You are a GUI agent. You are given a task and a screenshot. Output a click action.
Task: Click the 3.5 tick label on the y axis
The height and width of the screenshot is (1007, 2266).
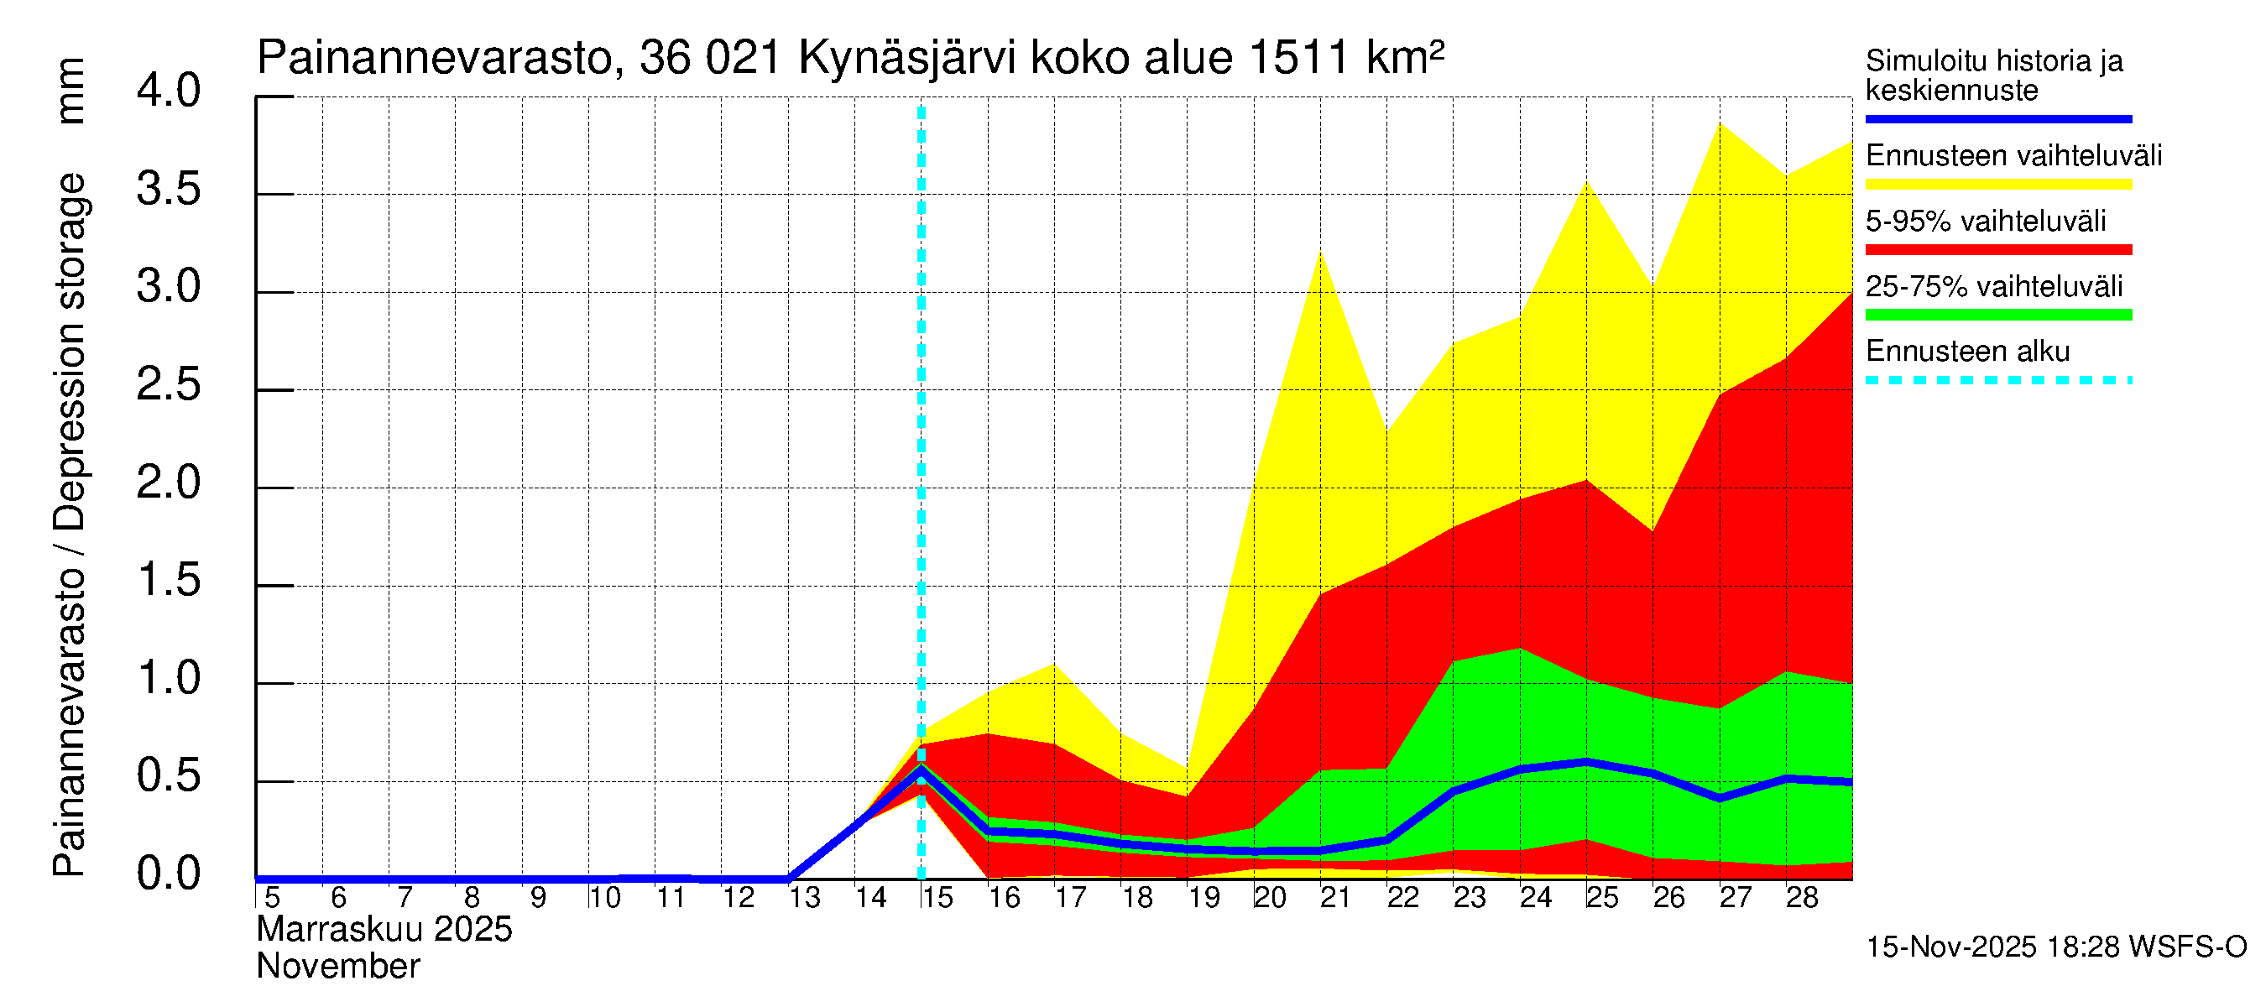coord(168,190)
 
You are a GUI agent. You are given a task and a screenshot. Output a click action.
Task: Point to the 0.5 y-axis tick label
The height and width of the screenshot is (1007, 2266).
coord(168,776)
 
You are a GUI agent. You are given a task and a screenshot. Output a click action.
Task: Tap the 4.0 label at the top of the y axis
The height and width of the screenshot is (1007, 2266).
coord(168,91)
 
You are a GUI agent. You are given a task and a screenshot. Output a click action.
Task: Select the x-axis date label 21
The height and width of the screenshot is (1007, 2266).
coord(1334,898)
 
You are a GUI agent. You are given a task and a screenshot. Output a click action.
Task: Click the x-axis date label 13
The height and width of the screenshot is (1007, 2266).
coord(803,898)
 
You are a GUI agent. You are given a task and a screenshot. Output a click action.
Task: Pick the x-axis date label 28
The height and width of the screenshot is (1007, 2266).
coord(1801,898)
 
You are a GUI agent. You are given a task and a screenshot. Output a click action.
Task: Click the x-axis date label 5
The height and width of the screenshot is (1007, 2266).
coord(272,898)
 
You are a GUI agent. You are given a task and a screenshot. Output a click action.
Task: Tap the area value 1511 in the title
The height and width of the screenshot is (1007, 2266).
coord(1297,58)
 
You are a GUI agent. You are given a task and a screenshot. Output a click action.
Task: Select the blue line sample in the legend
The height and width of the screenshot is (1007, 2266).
coord(1997,118)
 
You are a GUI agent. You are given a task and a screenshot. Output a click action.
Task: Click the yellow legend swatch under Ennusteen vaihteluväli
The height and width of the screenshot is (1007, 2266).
coord(1997,184)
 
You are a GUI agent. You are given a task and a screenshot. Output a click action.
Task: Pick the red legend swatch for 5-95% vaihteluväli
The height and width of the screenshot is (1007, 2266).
coord(1997,250)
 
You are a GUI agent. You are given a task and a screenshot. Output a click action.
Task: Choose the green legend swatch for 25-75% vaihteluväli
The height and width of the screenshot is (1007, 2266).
coord(1997,315)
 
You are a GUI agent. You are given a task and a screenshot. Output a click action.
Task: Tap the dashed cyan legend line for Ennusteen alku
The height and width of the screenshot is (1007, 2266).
coord(1997,381)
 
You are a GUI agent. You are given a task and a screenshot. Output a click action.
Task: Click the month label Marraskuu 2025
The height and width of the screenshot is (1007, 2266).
coord(384,930)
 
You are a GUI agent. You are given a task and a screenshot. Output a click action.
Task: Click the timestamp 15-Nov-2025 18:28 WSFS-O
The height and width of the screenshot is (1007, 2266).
coord(2055,947)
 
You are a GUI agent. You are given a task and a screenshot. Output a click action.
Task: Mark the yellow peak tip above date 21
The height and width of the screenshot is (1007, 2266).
coord(1320,253)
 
